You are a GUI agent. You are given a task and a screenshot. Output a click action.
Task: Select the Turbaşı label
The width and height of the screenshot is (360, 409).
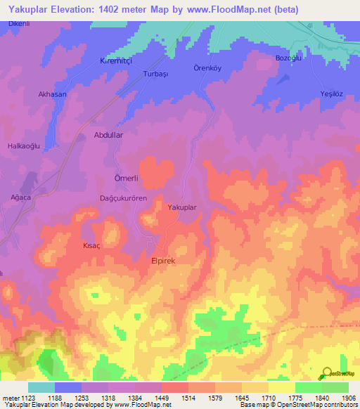click(x=156, y=73)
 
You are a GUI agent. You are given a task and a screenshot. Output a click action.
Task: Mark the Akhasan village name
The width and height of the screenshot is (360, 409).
click(x=53, y=93)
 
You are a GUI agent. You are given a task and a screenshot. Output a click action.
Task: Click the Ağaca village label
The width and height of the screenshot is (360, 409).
click(x=21, y=197)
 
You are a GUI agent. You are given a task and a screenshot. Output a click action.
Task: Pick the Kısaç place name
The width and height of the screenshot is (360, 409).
click(x=93, y=247)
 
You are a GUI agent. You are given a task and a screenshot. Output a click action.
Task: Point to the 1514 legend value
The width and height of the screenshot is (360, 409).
click(x=188, y=398)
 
